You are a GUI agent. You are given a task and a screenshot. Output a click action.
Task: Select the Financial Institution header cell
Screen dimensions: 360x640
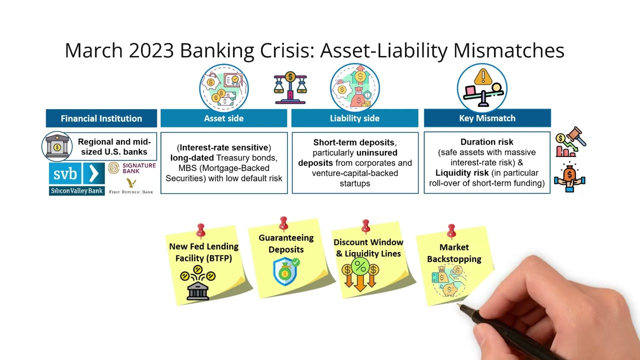coord(101,118)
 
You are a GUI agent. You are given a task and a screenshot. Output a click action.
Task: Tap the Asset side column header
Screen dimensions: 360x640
coord(223,118)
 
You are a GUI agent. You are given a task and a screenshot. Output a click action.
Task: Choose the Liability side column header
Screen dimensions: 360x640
coord(354,118)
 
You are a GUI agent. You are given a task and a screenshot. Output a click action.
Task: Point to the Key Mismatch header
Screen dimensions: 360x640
coord(487,118)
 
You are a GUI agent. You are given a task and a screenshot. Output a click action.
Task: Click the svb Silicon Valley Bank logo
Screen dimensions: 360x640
coord(76,178)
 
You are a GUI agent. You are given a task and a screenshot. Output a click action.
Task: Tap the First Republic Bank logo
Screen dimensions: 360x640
coord(131,185)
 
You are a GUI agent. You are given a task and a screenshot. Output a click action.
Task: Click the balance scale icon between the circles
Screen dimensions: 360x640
coord(290,88)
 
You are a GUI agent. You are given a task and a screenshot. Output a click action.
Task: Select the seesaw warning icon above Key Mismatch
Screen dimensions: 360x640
coord(482,88)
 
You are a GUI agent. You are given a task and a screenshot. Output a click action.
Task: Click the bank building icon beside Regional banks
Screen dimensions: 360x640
coord(57,146)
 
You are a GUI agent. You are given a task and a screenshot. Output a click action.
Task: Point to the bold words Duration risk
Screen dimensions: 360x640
coord(487,142)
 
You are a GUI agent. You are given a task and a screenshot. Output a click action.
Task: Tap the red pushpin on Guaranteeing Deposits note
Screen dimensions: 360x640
coord(283,223)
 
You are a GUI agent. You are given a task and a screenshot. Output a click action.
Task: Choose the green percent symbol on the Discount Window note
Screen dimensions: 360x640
coord(360,266)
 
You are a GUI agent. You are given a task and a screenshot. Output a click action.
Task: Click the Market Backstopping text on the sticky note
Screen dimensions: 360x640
coord(454,253)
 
